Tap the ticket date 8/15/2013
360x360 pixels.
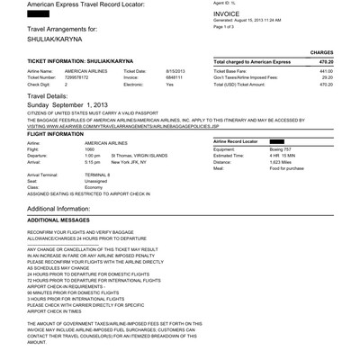pyautogui.click(x=175, y=69)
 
